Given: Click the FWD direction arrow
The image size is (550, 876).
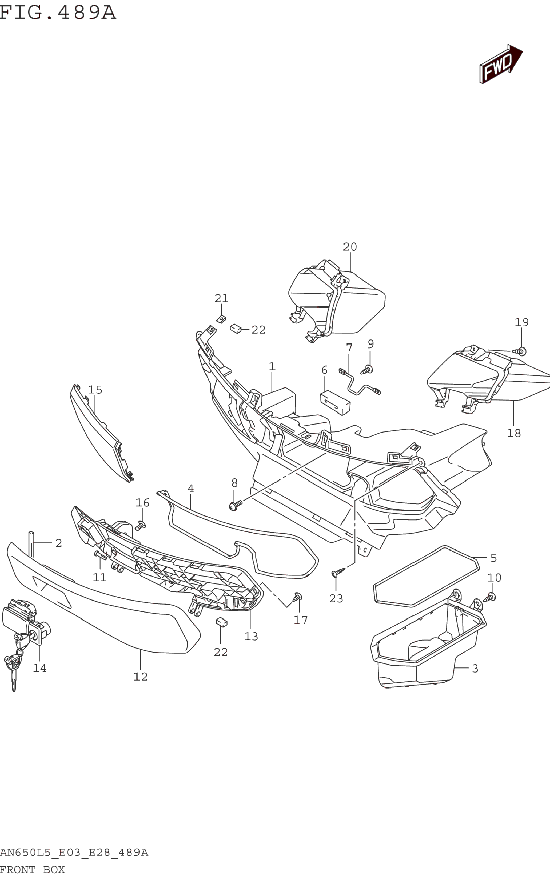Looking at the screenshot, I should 500,64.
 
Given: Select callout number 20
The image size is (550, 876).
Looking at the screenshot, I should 350,247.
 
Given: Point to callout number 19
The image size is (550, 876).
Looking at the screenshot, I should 521,322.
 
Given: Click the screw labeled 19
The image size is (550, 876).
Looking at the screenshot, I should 520,351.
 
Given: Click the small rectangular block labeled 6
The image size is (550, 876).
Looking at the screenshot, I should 335,402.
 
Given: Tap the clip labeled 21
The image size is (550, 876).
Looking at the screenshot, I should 221,319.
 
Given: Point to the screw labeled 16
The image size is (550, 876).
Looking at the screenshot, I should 140,525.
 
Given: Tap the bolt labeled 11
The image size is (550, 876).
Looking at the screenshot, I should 99,555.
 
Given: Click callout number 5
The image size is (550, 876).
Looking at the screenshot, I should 493,558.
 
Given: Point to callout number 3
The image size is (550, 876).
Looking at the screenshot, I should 475,668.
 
